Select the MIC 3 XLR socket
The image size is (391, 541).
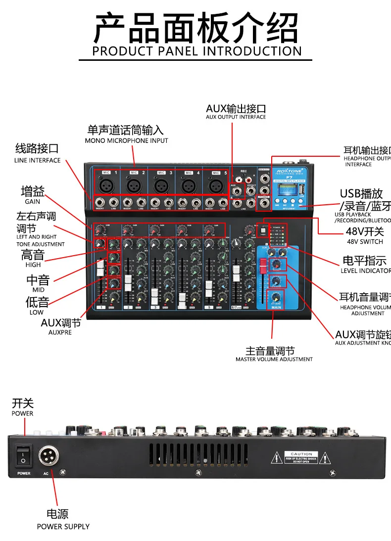click(160, 186)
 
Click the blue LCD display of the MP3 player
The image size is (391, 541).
click(285, 190)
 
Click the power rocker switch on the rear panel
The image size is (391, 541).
click(23, 456)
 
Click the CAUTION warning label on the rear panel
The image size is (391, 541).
click(301, 457)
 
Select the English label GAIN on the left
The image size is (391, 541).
click(32, 202)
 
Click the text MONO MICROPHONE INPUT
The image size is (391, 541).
click(126, 141)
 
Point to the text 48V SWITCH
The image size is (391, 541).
click(365, 242)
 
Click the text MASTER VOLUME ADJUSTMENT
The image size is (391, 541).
click(274, 360)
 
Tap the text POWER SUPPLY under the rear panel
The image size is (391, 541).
click(63, 527)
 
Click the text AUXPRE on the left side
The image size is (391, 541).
click(60, 333)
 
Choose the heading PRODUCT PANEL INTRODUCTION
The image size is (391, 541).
click(196, 51)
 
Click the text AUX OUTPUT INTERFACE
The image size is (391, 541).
click(236, 117)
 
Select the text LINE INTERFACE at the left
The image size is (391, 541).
click(37, 161)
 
